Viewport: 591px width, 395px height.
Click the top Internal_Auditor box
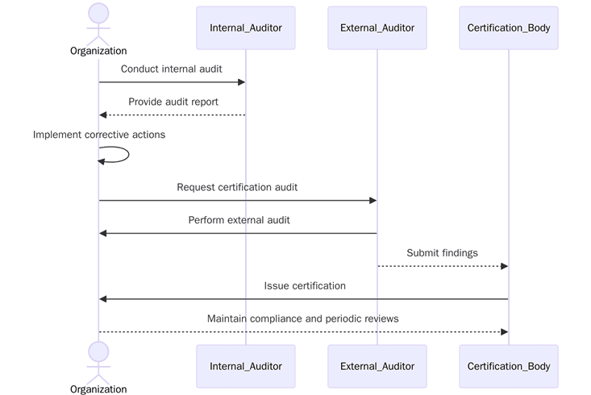coord(246,28)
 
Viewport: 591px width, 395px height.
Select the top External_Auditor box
coord(377,28)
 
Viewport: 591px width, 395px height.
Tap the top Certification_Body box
coord(509,28)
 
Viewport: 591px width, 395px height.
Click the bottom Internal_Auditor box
coord(246,366)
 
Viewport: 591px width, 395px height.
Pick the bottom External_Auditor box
coord(377,366)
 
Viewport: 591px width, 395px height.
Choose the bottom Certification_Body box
coord(509,366)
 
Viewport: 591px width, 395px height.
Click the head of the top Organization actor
coord(98,14)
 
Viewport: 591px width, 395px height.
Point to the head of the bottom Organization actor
coord(98,351)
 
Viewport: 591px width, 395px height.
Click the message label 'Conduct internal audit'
coord(172,69)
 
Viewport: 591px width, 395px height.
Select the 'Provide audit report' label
coord(173,102)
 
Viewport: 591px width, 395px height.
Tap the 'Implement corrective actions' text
coord(99,135)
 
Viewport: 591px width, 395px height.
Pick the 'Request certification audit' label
coord(237,187)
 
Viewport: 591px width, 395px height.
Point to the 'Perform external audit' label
coord(239,219)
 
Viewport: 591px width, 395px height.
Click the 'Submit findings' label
coord(442,252)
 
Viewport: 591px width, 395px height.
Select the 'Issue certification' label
coord(305,285)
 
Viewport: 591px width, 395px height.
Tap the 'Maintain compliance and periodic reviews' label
coord(303,318)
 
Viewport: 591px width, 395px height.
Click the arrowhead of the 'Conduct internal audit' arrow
coord(241,82)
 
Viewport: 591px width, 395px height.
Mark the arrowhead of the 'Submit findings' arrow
coord(504,266)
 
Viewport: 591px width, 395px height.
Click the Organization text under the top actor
coord(98,51)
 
